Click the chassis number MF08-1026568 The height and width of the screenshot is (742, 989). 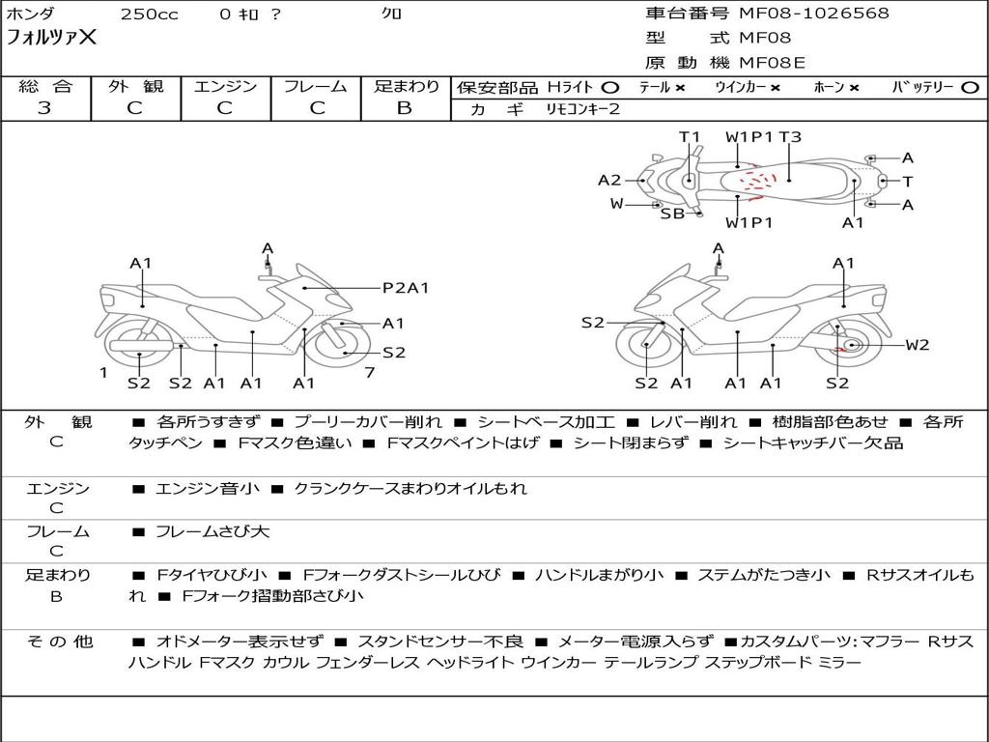pos(814,13)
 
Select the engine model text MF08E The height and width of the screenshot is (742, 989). pos(772,63)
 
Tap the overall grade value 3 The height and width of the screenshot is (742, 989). pos(44,108)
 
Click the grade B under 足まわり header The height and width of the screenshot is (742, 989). pos(405,108)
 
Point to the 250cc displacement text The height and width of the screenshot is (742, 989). pos(150,14)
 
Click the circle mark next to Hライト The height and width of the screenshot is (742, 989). pos(610,88)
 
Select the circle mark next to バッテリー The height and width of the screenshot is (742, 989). pos(970,88)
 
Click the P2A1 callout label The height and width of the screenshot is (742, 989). pos(406,288)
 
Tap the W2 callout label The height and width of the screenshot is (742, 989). pos(918,345)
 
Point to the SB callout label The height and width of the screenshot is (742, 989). pos(672,214)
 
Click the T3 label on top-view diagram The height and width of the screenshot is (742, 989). pos(790,137)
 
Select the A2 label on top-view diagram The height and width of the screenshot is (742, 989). pos(609,181)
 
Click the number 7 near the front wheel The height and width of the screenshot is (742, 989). pos(370,373)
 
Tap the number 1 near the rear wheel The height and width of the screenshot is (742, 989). pos(103,373)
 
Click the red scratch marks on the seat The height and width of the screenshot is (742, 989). pos(757,183)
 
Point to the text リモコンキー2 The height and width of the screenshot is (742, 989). pos(582,109)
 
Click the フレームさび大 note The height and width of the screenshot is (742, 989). pos(212,532)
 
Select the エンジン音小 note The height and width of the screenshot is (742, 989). pos(208,488)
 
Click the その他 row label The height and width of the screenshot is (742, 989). pos(59,642)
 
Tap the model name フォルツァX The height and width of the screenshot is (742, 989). pos(52,37)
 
